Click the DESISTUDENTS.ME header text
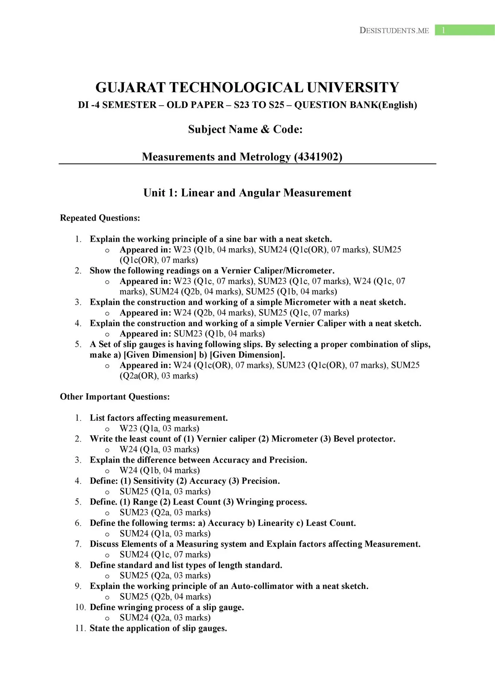(394, 31)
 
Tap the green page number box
(464, 30)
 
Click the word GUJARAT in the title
(130, 88)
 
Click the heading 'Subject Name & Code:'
(245, 129)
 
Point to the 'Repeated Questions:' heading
(100, 218)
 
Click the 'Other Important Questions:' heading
(115, 397)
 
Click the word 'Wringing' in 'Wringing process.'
(254, 502)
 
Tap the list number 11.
(80, 628)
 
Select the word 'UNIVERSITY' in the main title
(353, 88)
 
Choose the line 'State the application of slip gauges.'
(158, 628)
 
